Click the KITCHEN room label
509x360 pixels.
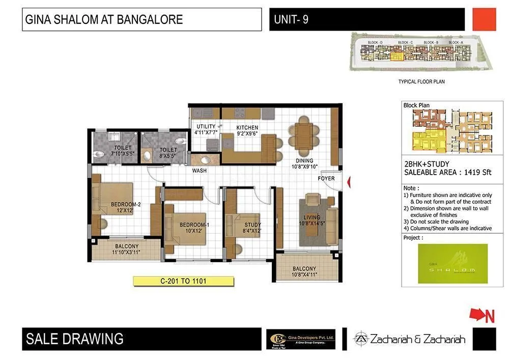point(247,127)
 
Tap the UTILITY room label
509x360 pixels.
point(206,126)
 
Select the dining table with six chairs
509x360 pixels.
point(304,135)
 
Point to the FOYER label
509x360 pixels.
point(326,179)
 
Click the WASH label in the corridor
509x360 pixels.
point(199,171)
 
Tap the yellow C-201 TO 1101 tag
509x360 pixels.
point(183,281)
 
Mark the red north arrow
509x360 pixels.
point(482,316)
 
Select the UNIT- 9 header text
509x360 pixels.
point(291,20)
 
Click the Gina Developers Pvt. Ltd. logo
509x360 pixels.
point(301,339)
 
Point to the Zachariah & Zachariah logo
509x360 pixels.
point(410,339)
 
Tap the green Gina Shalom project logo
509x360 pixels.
point(452,263)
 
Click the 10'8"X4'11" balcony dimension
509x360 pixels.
point(304,275)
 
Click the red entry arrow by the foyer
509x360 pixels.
point(349,182)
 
